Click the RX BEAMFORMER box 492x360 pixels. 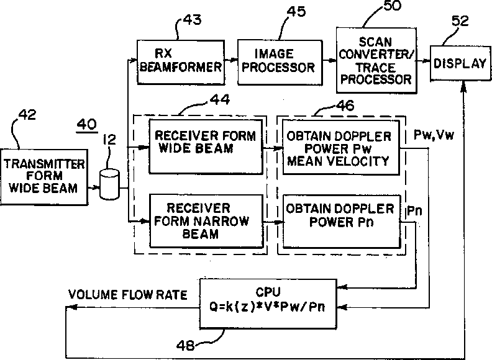click(181, 62)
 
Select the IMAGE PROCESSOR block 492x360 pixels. click(280, 62)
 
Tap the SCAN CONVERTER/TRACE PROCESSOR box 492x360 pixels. click(376, 60)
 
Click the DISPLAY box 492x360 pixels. click(460, 63)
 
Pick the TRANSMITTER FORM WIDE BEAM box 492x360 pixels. click(44, 177)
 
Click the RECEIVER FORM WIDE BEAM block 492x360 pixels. click(206, 146)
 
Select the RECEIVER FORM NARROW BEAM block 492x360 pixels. click(206, 221)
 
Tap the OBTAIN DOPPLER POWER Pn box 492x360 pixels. click(342, 221)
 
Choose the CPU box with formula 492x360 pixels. click(268, 304)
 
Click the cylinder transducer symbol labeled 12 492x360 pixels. click(109, 184)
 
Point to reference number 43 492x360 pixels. click(192, 20)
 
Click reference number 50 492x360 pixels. click(392, 6)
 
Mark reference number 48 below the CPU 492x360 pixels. click(185, 345)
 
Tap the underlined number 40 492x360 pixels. click(87, 125)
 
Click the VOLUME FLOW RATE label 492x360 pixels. click(128, 295)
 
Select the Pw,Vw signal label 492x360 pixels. click(434, 135)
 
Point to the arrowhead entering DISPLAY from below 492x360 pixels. click(463, 86)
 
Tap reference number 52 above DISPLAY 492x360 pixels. click(460, 20)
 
